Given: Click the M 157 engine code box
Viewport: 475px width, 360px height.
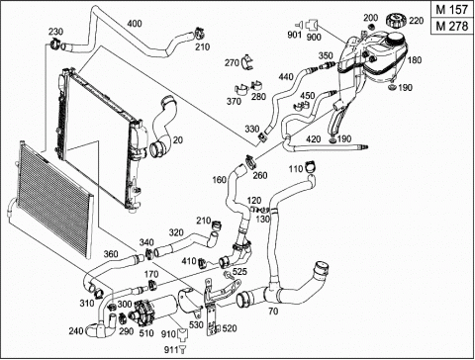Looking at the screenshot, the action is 452,10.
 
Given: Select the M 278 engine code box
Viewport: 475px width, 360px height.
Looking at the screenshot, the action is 452,26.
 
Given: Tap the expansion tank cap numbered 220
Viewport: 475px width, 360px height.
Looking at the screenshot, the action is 396,21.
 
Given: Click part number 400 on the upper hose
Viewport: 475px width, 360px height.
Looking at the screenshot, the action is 135,24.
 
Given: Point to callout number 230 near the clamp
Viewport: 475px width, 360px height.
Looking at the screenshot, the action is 55,32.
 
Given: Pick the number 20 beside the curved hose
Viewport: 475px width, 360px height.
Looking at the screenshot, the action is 178,140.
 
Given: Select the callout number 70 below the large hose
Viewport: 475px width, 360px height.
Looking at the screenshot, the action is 273,312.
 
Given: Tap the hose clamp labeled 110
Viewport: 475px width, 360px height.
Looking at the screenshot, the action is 310,166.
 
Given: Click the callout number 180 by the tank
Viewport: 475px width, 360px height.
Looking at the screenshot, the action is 415,60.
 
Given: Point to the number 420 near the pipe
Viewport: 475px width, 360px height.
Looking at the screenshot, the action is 313,139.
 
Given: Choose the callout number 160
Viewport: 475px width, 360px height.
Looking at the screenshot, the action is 220,180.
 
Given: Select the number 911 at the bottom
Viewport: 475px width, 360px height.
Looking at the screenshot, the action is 171,349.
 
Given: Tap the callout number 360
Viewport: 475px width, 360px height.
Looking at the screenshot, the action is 111,254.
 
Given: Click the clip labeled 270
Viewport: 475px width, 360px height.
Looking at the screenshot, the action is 246,61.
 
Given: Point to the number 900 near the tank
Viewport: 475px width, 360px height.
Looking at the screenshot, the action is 314,37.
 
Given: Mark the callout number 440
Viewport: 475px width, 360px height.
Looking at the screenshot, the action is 286,77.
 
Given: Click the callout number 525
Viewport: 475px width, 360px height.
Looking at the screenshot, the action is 239,271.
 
